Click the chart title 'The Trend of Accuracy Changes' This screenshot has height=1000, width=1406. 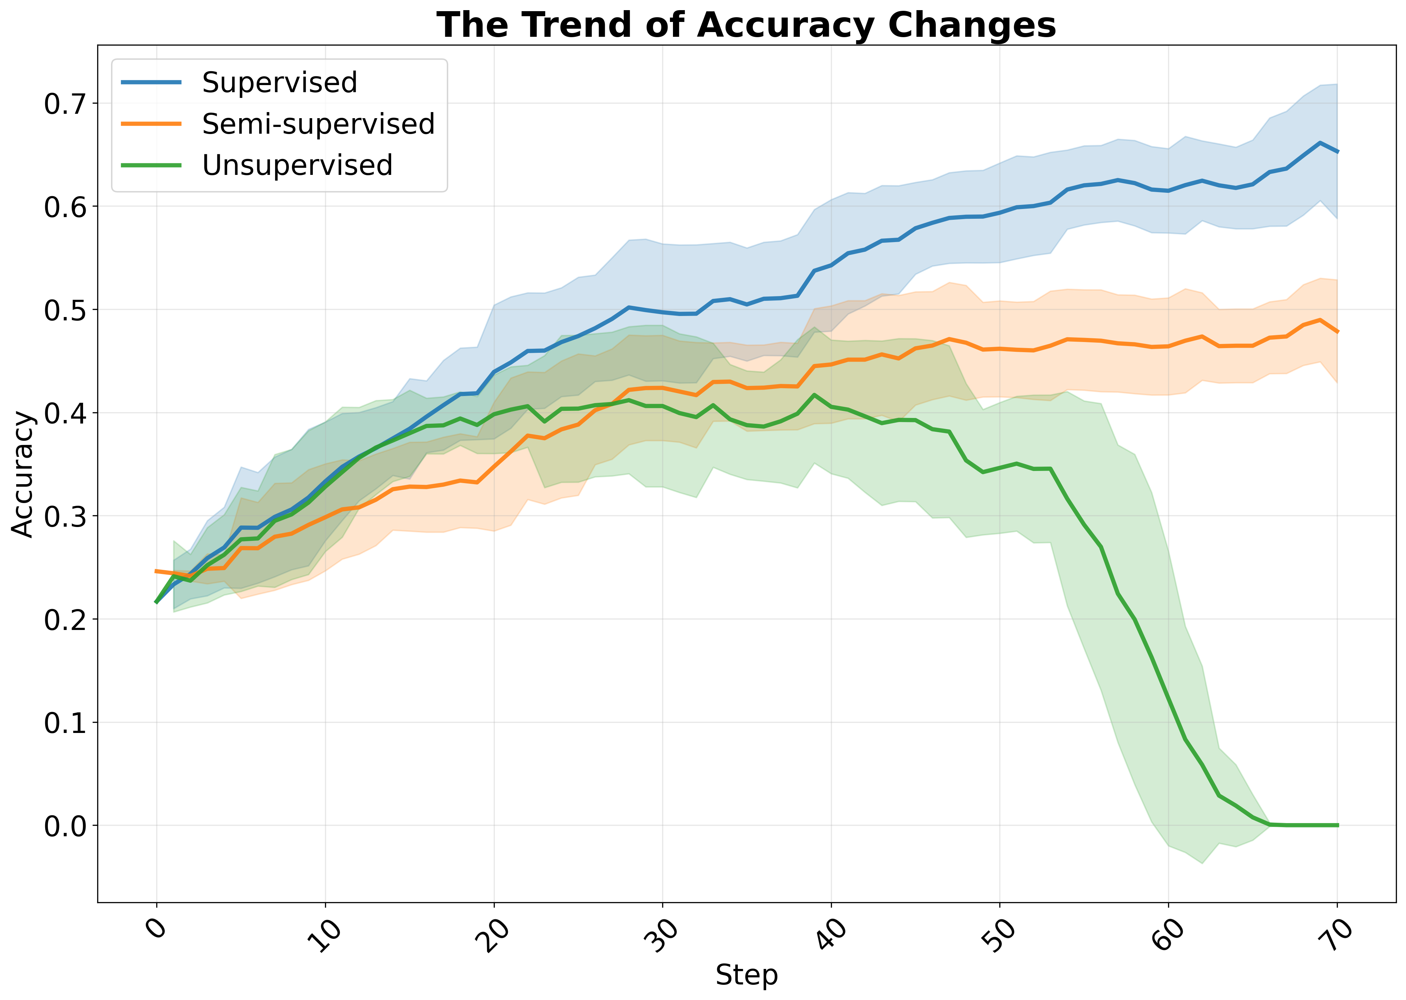point(746,26)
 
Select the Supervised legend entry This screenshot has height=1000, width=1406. point(279,82)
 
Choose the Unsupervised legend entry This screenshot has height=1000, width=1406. point(297,165)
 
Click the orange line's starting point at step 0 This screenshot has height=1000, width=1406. point(156,571)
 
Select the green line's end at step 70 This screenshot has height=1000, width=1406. point(1337,825)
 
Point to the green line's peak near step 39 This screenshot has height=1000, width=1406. point(814,395)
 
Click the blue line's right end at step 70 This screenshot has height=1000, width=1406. point(1337,152)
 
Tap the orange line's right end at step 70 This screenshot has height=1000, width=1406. point(1337,332)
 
